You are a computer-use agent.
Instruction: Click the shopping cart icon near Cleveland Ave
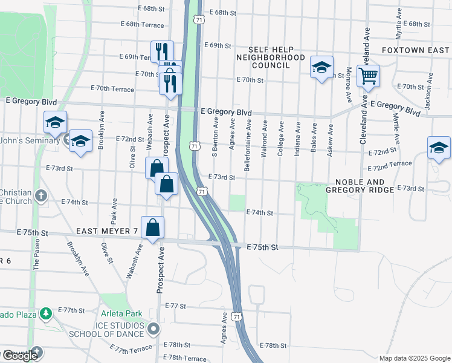click(x=367, y=77)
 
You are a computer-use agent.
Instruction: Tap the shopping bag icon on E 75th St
click(x=153, y=227)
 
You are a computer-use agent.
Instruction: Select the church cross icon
click(x=40, y=195)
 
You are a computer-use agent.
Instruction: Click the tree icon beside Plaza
click(x=45, y=313)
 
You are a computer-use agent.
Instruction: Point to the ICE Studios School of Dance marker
click(x=154, y=329)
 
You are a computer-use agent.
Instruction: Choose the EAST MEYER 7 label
click(x=108, y=232)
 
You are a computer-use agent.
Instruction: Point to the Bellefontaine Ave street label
click(x=248, y=145)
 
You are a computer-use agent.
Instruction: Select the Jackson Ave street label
click(x=428, y=91)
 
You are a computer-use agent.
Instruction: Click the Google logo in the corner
click(x=20, y=355)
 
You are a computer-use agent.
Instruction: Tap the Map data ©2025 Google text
click(x=414, y=358)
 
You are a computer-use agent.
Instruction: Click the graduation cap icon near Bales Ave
click(x=321, y=67)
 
